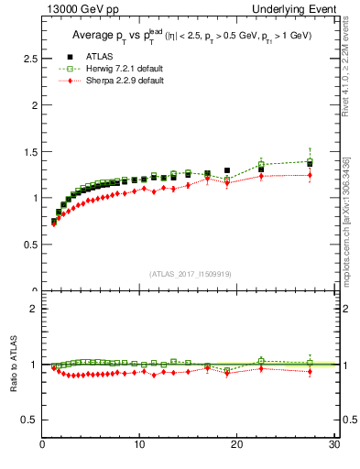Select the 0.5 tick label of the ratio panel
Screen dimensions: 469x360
[x=28, y=420]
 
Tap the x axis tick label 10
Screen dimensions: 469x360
[x=138, y=446]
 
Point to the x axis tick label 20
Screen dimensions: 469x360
[x=236, y=446]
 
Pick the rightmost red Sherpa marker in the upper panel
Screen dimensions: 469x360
[x=310, y=175]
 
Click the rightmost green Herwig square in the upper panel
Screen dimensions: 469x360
[x=310, y=162]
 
